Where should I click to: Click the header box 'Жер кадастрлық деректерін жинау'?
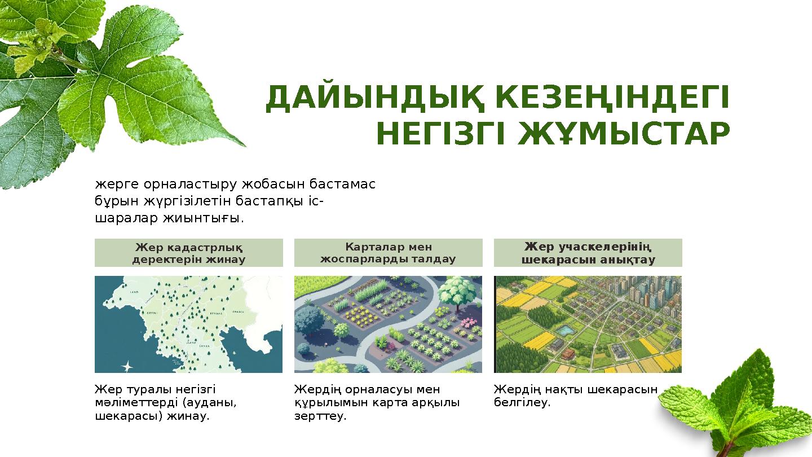pyautogui.click(x=188, y=253)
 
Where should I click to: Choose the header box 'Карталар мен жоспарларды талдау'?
pyautogui.click(x=388, y=253)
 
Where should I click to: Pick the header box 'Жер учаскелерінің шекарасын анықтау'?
pyautogui.click(x=588, y=253)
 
